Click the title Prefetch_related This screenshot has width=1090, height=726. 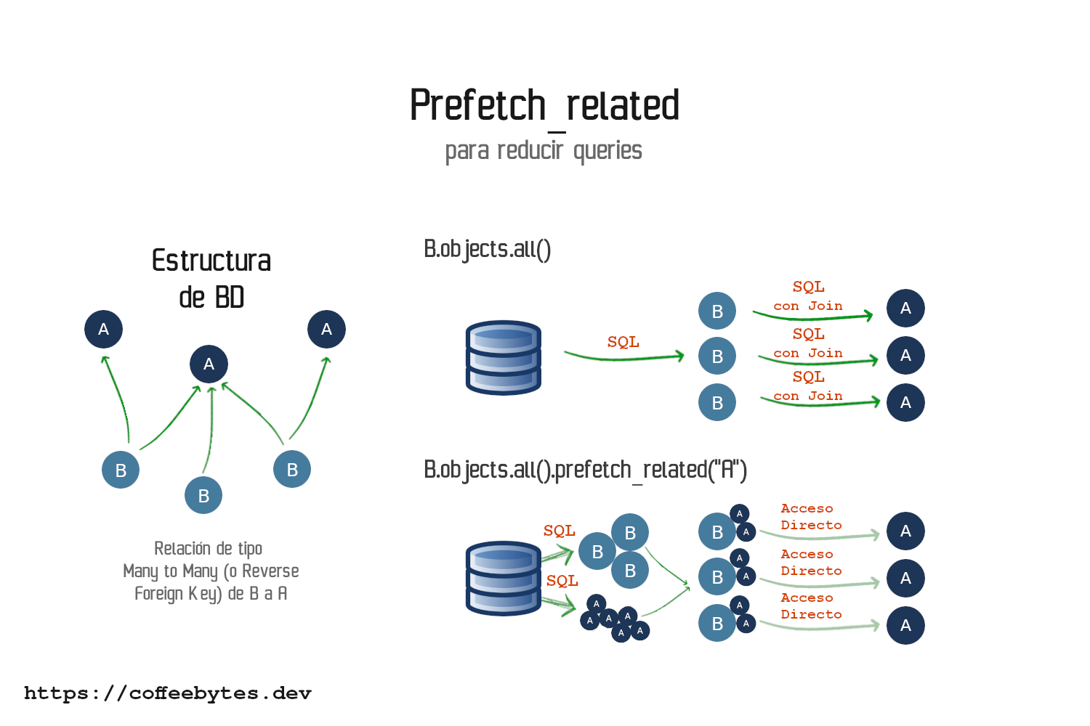tap(544, 106)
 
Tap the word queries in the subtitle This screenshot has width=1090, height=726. tap(607, 151)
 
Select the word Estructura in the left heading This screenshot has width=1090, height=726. tap(211, 261)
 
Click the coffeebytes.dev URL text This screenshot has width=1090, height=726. tap(168, 693)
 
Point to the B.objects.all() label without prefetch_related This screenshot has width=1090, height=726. tap(488, 249)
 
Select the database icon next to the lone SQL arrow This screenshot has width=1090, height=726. tap(503, 357)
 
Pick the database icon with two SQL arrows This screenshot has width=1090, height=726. tap(503, 578)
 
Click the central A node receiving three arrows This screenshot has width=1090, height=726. tap(209, 364)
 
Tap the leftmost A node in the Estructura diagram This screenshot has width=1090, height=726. tap(103, 329)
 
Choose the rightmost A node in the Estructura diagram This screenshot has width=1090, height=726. tap(326, 329)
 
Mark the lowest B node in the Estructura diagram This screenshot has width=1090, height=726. tap(203, 495)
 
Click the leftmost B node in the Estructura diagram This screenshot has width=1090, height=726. tap(121, 470)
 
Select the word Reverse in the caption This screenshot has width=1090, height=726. tap(270, 571)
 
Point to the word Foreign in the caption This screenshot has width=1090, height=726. tap(158, 594)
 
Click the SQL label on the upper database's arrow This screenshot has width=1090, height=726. tap(623, 342)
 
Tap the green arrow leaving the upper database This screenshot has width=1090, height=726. tap(623, 356)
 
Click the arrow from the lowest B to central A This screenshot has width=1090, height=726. tap(210, 428)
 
